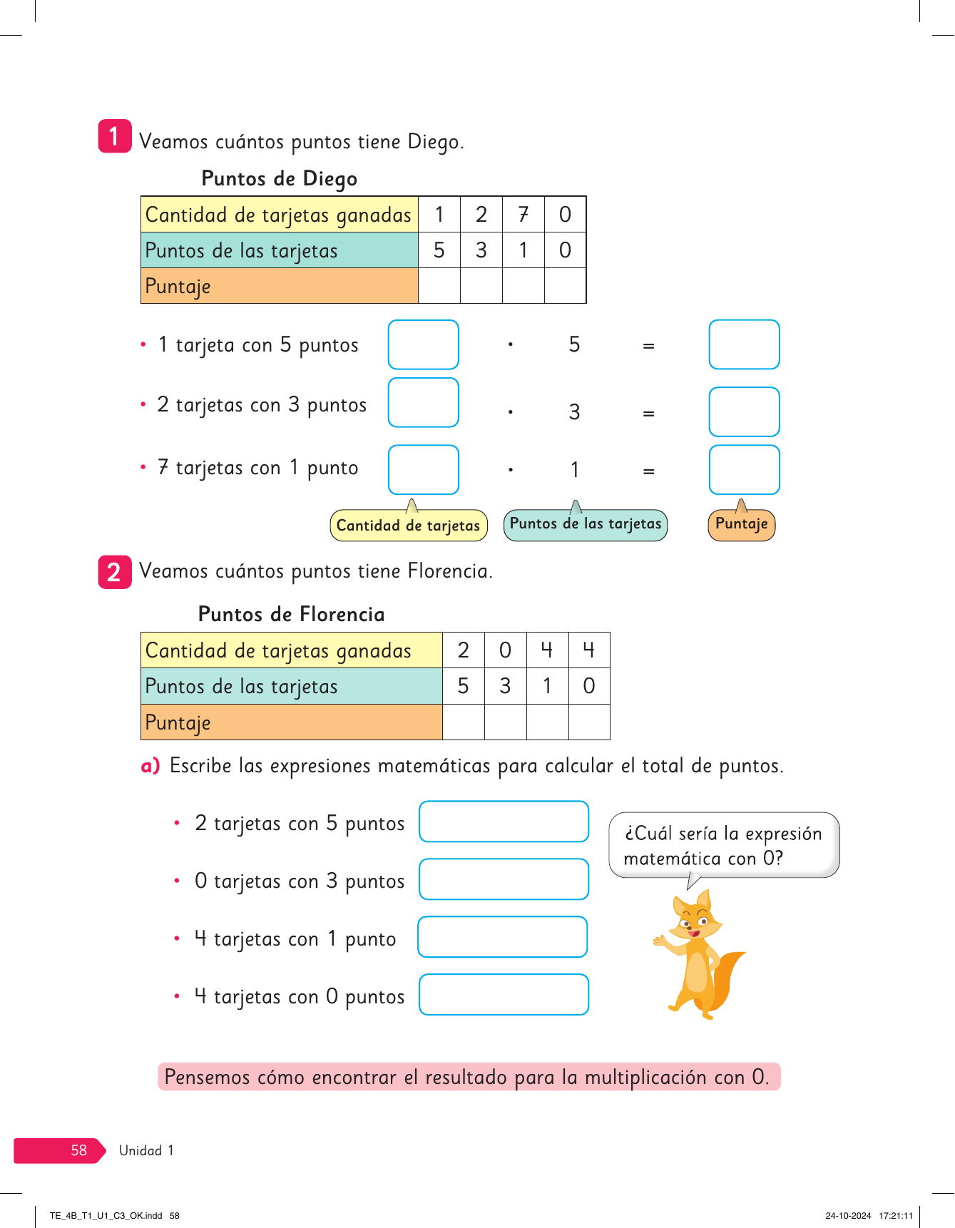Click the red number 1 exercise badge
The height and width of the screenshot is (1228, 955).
point(114,136)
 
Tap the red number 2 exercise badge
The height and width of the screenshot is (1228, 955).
point(114,572)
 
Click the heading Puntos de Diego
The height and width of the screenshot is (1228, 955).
point(279,178)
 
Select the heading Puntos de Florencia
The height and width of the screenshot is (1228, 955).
point(291,614)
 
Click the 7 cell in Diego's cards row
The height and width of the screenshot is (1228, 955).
point(523,215)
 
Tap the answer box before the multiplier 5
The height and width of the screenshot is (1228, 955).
point(423,344)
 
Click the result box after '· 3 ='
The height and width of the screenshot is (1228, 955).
point(744,411)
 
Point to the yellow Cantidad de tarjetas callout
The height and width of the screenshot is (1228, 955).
point(408,526)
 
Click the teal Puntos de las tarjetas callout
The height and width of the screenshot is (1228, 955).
point(585,524)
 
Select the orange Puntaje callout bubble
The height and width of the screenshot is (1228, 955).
point(741,524)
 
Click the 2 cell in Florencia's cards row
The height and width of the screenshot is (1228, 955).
point(463,650)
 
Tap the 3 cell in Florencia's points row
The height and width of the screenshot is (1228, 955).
point(505,686)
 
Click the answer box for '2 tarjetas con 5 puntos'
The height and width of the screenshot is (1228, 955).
point(504,822)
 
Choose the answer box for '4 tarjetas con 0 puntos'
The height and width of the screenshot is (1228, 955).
point(504,994)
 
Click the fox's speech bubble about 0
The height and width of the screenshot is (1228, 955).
point(723,845)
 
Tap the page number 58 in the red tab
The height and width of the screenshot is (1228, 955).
point(78,1150)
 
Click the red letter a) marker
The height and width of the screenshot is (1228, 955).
point(150,766)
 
